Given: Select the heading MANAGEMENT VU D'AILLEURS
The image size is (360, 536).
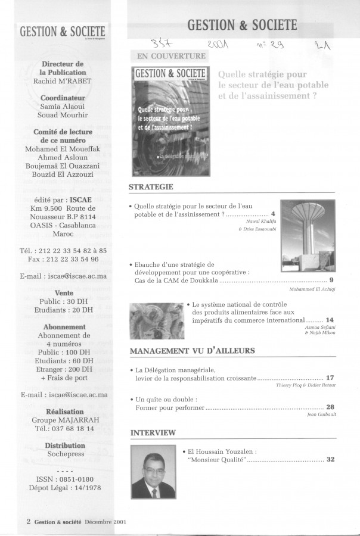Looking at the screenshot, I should click(x=192, y=351).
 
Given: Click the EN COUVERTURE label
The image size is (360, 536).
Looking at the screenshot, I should click(x=172, y=56).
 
